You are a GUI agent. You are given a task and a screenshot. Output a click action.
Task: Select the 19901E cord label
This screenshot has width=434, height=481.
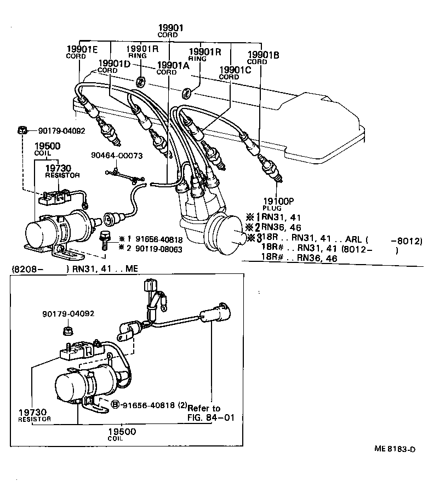(x=82, y=51)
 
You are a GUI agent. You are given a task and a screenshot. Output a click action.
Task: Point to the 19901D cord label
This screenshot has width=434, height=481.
(x=114, y=67)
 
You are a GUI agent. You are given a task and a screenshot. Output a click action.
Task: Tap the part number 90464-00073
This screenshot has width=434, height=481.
(x=117, y=156)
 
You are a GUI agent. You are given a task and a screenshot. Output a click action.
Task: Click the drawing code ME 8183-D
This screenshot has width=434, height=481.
(x=395, y=449)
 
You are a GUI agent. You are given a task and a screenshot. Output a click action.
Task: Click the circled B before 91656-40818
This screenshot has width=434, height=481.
(x=116, y=405)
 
